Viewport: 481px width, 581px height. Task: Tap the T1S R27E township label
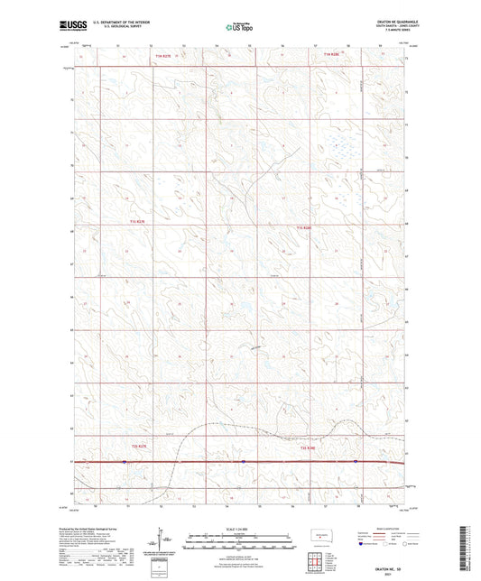pyautogui.click(x=136, y=221)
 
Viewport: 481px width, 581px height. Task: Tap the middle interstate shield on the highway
pyautogui.click(x=243, y=462)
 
